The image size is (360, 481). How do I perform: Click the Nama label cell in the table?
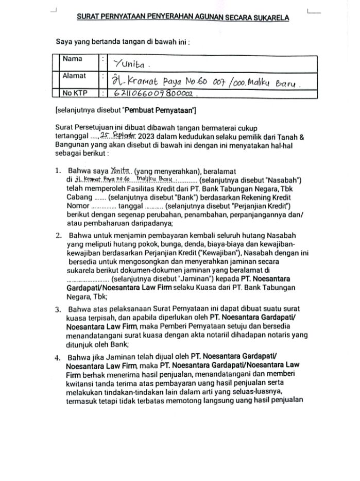pos(72,59)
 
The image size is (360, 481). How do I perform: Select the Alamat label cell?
pos(75,76)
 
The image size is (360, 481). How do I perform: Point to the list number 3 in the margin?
pos(58,310)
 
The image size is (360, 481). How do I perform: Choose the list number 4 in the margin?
pos(58,357)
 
